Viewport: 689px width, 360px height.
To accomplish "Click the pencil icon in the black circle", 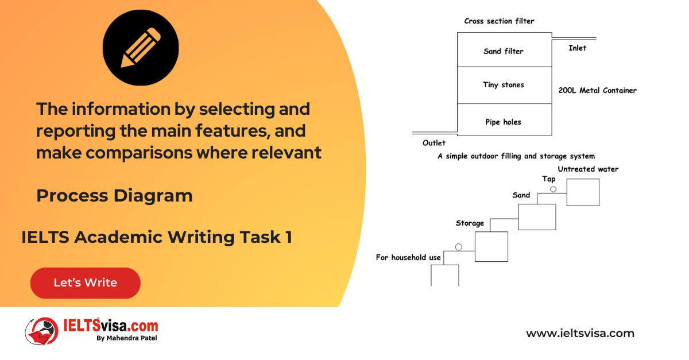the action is point(141,48).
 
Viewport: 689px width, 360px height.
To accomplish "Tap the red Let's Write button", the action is point(86,282).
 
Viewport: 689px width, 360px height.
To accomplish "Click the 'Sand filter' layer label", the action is point(503,51).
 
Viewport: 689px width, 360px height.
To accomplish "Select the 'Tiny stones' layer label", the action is point(503,85).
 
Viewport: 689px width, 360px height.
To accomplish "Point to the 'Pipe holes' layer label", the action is point(503,122).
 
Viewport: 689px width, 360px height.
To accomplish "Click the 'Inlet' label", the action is point(578,48).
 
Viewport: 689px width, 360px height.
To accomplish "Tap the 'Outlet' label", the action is point(433,143).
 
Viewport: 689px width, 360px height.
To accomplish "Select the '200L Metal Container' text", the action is point(597,91).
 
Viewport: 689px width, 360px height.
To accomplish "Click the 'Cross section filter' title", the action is point(499,21).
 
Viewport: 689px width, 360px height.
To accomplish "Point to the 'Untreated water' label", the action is point(588,169).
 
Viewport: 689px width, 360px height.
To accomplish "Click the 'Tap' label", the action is point(549,179).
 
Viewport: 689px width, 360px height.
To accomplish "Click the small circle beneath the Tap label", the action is point(553,189).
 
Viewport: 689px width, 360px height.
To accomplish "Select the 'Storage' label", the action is point(470,223).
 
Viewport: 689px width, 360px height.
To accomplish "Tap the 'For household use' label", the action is point(408,258).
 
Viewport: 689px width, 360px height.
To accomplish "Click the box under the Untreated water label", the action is point(583,192).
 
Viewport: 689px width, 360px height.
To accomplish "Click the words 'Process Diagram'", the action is point(114,196).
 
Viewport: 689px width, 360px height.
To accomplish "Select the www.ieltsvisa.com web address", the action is point(580,333).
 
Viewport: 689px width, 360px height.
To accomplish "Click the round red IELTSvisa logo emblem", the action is point(42,331).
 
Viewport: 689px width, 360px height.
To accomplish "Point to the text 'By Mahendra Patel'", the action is point(127,338).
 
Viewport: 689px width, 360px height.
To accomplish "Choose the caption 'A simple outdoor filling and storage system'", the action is point(516,156).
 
